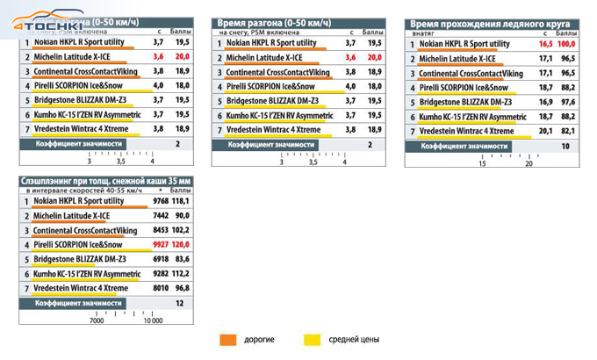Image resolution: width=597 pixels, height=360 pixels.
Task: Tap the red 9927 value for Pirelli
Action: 159,244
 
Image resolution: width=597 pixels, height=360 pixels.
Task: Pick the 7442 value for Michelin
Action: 159,215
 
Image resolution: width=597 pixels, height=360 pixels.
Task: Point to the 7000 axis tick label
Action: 97,320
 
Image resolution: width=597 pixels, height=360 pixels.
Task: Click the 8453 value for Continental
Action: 159,229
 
